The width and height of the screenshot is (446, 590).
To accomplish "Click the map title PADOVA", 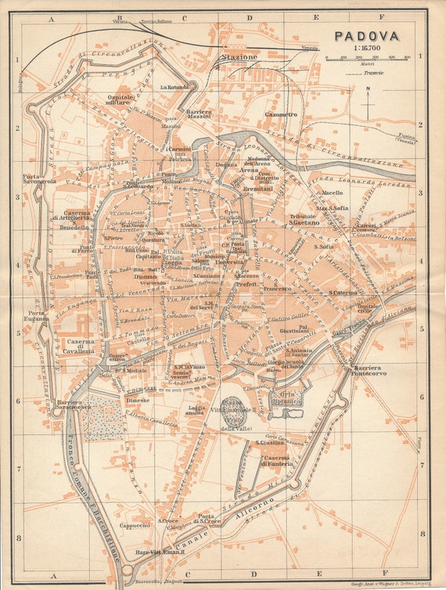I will [367, 35].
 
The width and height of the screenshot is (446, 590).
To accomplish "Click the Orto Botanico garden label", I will [286, 396].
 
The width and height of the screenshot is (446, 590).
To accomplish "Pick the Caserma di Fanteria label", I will [276, 461].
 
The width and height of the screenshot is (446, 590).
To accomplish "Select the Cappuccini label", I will [134, 526].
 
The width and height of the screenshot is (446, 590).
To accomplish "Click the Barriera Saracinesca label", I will [74, 405].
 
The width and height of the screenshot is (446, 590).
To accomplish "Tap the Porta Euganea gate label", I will [38, 316].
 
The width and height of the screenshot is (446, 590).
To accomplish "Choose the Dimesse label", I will [138, 399].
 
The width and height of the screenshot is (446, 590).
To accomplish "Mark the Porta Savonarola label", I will [39, 178].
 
